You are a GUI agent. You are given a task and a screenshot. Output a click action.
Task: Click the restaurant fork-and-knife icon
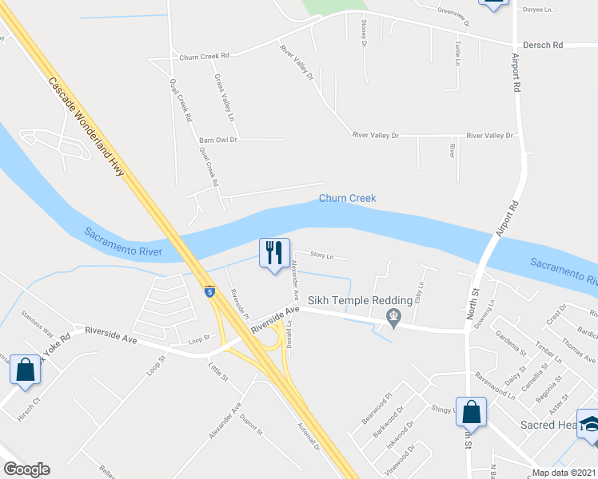(273, 253)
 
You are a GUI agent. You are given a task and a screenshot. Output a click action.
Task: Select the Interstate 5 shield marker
(209, 291)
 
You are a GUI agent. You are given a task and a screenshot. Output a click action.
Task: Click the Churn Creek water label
(347, 198)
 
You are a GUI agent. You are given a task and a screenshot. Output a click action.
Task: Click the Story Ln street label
(321, 257)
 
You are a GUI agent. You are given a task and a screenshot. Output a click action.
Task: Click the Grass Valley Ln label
(225, 97)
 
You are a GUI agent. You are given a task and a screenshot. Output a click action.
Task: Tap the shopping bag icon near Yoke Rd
(25, 370)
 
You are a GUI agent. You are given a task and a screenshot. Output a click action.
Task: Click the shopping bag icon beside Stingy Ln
(472, 412)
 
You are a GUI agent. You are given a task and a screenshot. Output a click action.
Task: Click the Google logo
(26, 469)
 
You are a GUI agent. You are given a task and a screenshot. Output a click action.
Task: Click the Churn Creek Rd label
(204, 57)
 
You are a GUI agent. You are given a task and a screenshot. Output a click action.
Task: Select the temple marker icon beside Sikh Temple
(393, 319)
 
